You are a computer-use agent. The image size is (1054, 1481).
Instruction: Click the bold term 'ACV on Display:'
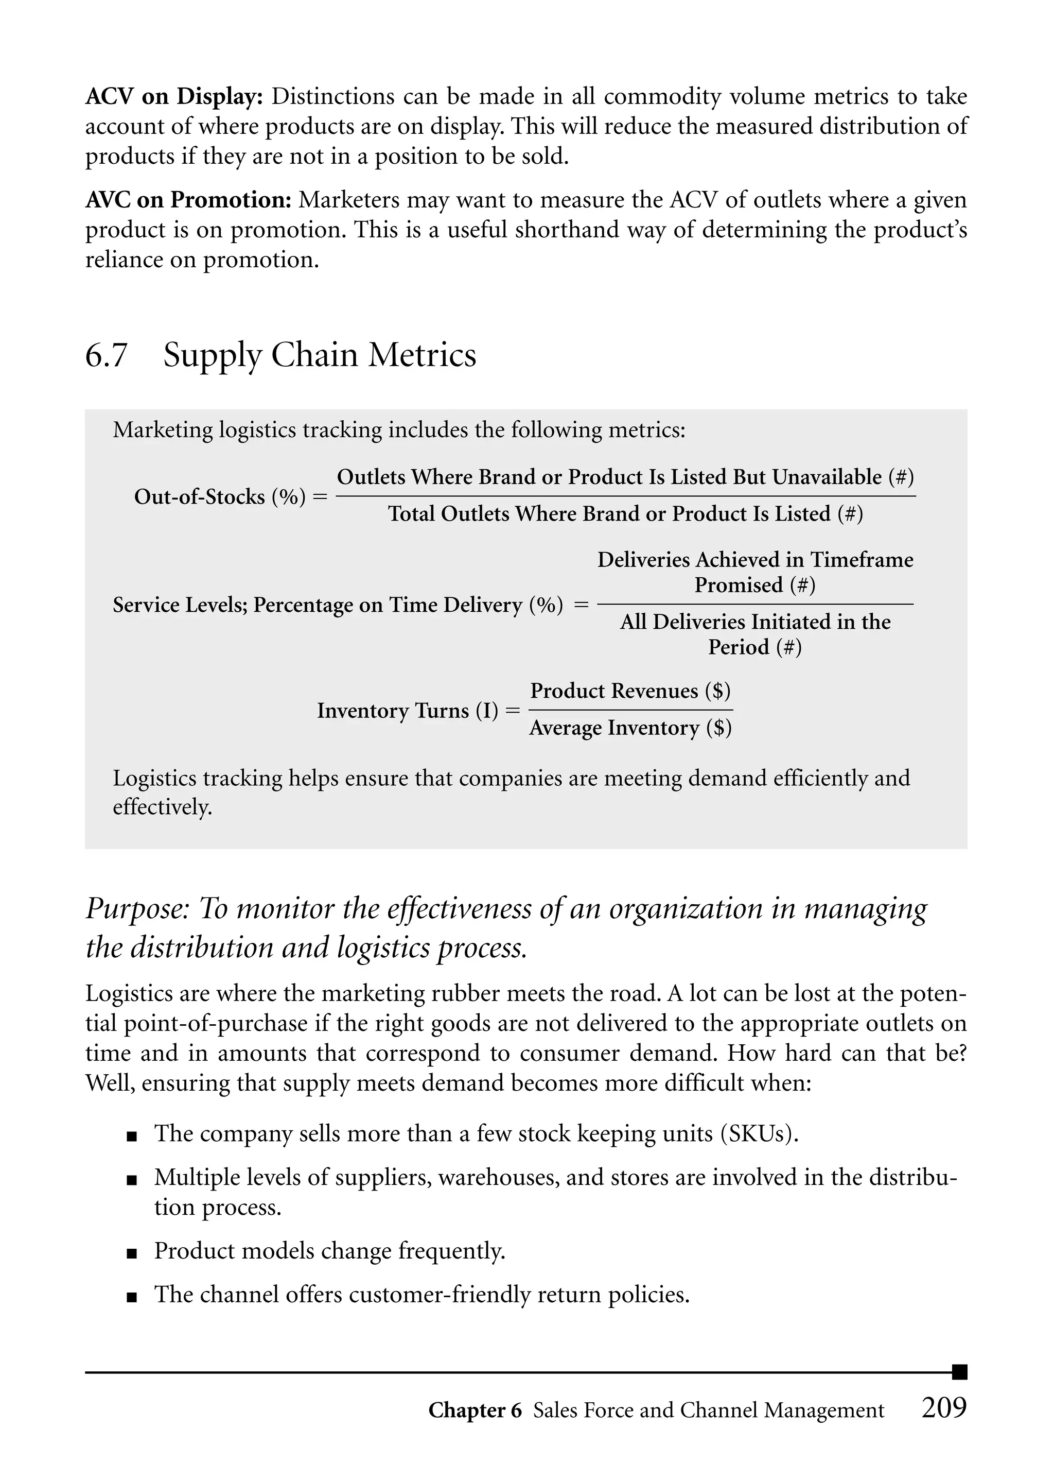(x=174, y=97)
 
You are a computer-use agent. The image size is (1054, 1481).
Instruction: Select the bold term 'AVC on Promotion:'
(x=188, y=200)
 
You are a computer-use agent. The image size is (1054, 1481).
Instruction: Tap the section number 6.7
(x=107, y=356)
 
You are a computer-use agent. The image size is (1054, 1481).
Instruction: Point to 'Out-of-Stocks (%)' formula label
(x=219, y=497)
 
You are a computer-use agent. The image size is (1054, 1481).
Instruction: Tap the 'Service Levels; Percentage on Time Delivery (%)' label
(x=338, y=605)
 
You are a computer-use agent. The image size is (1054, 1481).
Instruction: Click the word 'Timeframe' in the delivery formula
(x=862, y=560)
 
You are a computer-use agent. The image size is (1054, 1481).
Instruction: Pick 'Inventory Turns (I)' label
(x=408, y=711)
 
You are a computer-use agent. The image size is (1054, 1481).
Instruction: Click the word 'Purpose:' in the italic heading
(x=137, y=909)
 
